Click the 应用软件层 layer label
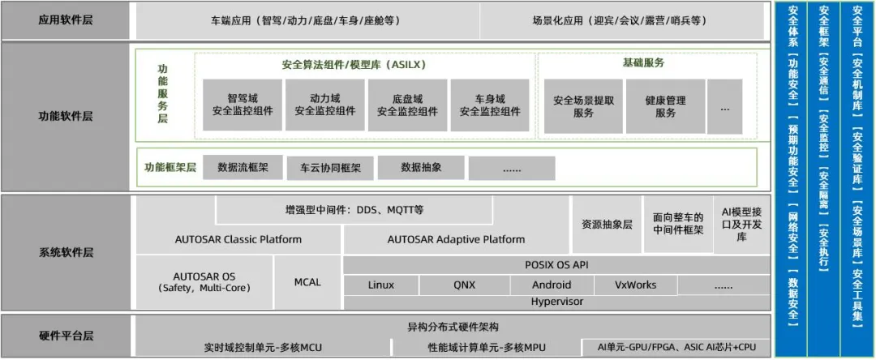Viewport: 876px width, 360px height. coord(66,20)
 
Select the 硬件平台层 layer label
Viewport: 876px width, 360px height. coord(66,336)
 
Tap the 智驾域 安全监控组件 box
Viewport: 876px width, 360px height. coord(243,105)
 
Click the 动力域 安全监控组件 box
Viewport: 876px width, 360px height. coord(324,105)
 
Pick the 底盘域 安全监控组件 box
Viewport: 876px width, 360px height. coord(407,105)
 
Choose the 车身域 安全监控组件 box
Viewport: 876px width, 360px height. coord(490,105)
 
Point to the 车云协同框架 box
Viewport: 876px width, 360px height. coord(330,168)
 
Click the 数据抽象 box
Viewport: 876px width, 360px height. coord(421,168)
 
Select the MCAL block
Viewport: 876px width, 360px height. coord(307,282)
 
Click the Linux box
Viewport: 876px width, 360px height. coord(381,285)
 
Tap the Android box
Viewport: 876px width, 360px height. coord(552,285)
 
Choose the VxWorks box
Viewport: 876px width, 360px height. coord(636,285)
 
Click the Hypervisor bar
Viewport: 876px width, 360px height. coord(556,302)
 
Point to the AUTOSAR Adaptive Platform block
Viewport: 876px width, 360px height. coord(456,239)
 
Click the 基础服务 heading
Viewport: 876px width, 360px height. coord(648,62)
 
